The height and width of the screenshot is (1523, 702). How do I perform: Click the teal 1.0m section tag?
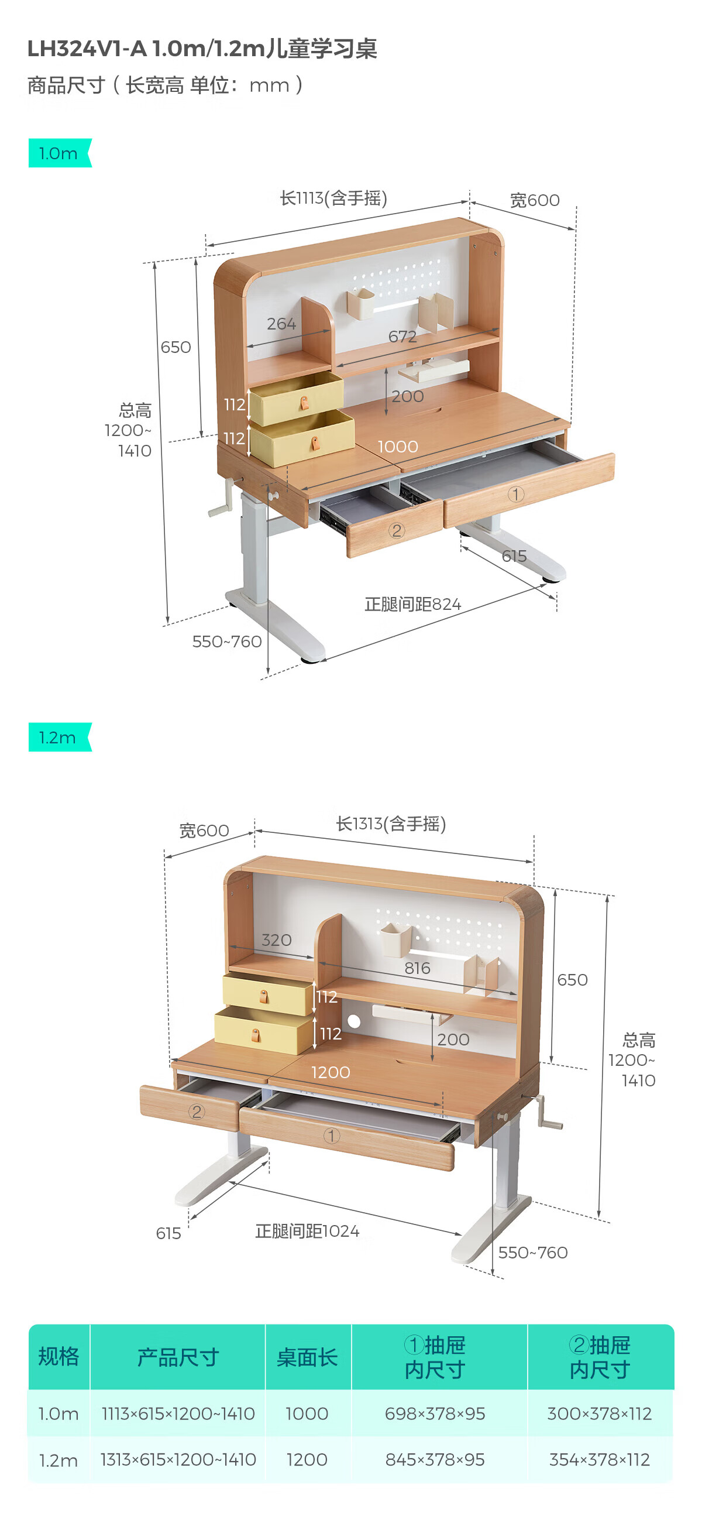point(59,153)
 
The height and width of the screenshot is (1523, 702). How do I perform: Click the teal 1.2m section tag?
point(59,738)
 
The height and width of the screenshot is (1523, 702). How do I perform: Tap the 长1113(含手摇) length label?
point(333,198)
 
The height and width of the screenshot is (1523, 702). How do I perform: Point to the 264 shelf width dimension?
point(281,324)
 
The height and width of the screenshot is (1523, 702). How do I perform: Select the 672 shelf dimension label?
point(402,337)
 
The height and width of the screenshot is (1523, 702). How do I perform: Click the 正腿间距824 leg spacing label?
point(412,604)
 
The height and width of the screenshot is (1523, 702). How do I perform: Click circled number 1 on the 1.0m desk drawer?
point(515,494)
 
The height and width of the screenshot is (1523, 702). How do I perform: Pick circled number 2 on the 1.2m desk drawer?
point(196,1112)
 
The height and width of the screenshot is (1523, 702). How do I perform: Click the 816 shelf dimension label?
point(417,968)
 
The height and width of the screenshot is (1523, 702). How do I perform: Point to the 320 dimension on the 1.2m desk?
point(277,940)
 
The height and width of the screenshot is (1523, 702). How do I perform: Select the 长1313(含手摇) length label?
point(391,824)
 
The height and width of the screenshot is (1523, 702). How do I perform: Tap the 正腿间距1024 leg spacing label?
point(307,1231)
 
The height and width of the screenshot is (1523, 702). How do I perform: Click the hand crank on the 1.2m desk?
point(547,1115)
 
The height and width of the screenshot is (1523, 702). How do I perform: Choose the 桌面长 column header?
point(307,1357)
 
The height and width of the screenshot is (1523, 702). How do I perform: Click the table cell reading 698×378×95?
point(435,1414)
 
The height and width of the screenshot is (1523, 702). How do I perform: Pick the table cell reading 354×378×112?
point(599,1460)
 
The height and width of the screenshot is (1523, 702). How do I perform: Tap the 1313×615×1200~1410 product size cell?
point(178,1460)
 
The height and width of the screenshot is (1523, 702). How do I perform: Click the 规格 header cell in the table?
point(58,1357)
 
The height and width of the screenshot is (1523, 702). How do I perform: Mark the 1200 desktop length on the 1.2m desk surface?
point(331,1072)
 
